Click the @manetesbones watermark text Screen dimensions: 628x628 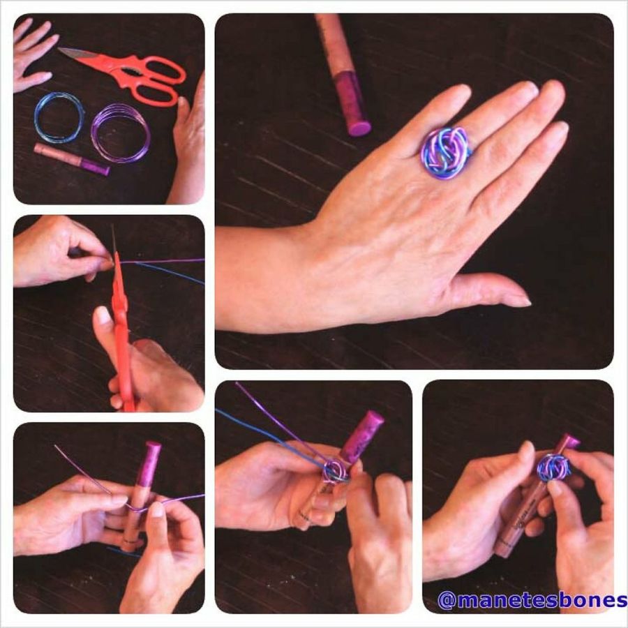coord(532,600)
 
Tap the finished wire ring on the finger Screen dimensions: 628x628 coord(446,152)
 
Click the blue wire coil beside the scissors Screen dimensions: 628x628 coord(60,117)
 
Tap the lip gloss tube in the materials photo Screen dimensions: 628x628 coord(72,159)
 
